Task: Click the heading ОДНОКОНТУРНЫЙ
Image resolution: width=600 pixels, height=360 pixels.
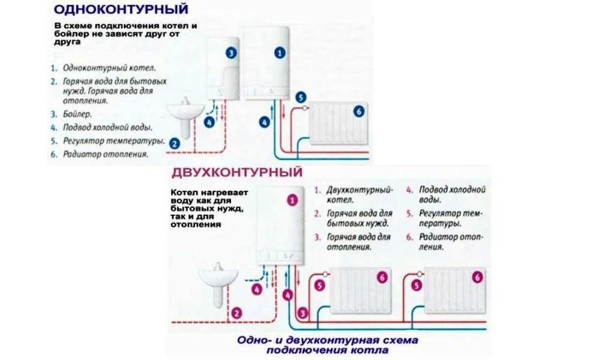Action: pyautogui.click(x=121, y=10)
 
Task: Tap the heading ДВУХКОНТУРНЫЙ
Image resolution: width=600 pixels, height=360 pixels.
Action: pyautogui.click(x=237, y=173)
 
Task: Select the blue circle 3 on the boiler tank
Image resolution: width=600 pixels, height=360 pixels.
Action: pyautogui.click(x=232, y=53)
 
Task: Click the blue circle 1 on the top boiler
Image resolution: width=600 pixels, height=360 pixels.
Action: pyautogui.click(x=280, y=53)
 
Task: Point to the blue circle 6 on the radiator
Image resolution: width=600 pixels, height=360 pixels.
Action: pyautogui.click(x=359, y=111)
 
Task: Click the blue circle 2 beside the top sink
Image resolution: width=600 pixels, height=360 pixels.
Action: pyautogui.click(x=174, y=143)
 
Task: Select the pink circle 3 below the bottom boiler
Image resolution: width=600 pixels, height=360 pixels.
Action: pyautogui.click(x=303, y=313)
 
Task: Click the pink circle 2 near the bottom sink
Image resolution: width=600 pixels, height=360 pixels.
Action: pyautogui.click(x=236, y=313)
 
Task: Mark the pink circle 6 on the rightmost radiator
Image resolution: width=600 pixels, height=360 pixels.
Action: pyautogui.click(x=477, y=277)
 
